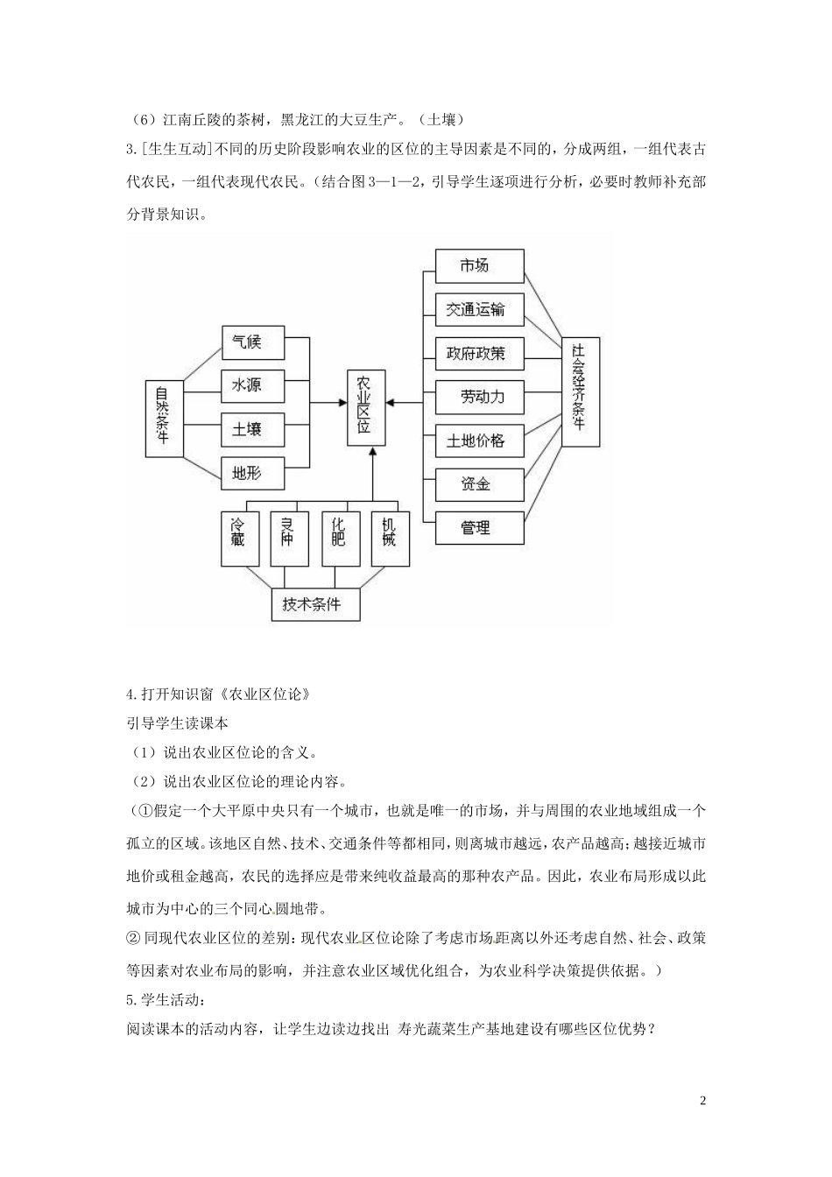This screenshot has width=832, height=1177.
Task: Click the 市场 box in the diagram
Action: tap(479, 265)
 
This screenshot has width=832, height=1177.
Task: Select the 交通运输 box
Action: tap(479, 309)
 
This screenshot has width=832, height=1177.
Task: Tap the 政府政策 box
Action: tap(479, 353)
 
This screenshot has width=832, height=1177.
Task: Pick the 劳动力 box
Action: tap(479, 397)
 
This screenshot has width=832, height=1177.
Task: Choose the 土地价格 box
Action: tap(479, 440)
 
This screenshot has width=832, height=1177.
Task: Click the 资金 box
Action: tap(479, 484)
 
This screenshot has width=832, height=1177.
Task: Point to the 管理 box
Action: tap(479, 528)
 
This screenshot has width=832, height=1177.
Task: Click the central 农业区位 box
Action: tap(363, 404)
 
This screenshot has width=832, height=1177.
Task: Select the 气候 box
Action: tap(253, 342)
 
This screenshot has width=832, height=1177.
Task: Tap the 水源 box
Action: tap(253, 385)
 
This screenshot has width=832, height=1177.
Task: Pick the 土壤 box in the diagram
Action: tap(253, 429)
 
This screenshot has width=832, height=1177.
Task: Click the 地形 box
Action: tap(253, 474)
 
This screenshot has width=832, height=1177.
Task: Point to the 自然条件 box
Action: tap(163, 418)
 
